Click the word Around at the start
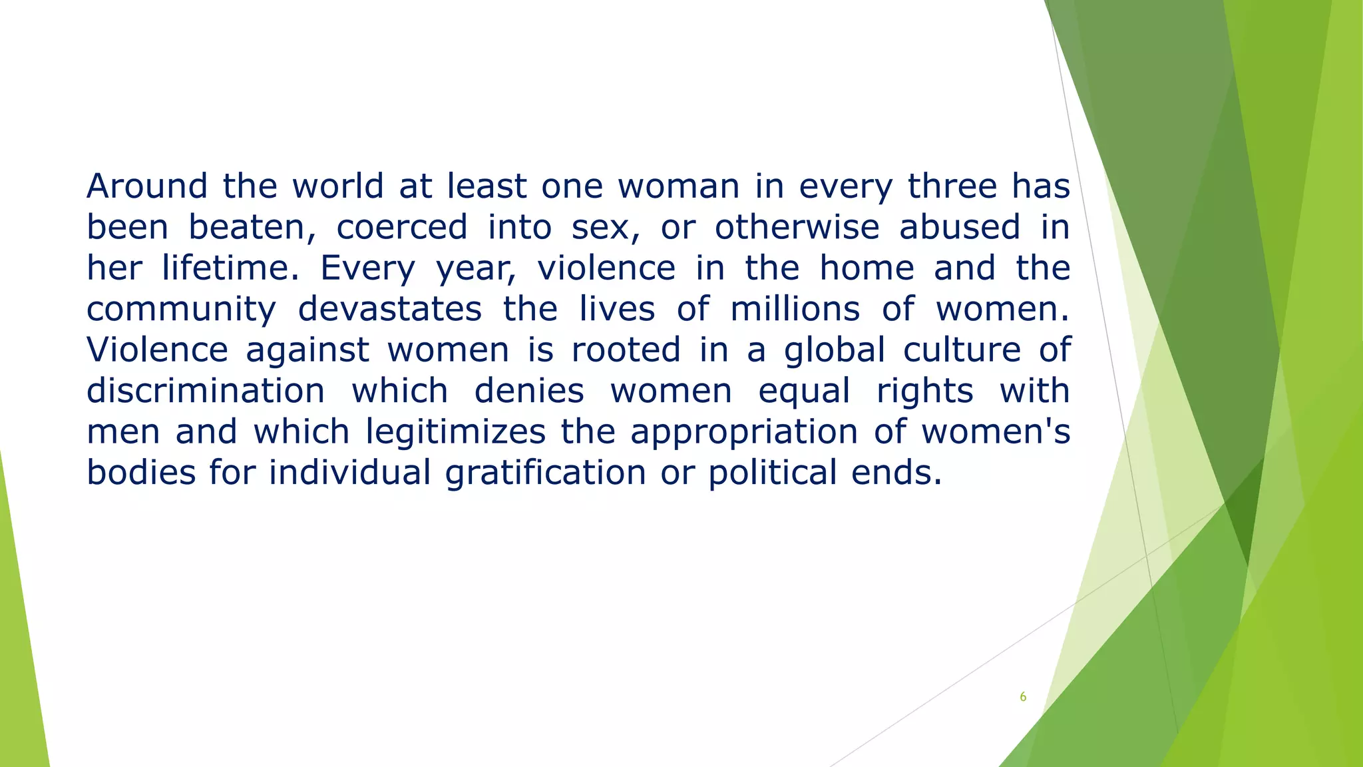146,186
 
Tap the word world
337,186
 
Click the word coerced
402,227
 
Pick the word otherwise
797,227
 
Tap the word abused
960,227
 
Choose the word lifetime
230,268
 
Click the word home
867,268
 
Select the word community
181,310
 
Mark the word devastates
389,310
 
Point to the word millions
795,310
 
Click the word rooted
626,350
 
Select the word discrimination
206,391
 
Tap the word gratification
545,473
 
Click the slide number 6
1023,697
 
